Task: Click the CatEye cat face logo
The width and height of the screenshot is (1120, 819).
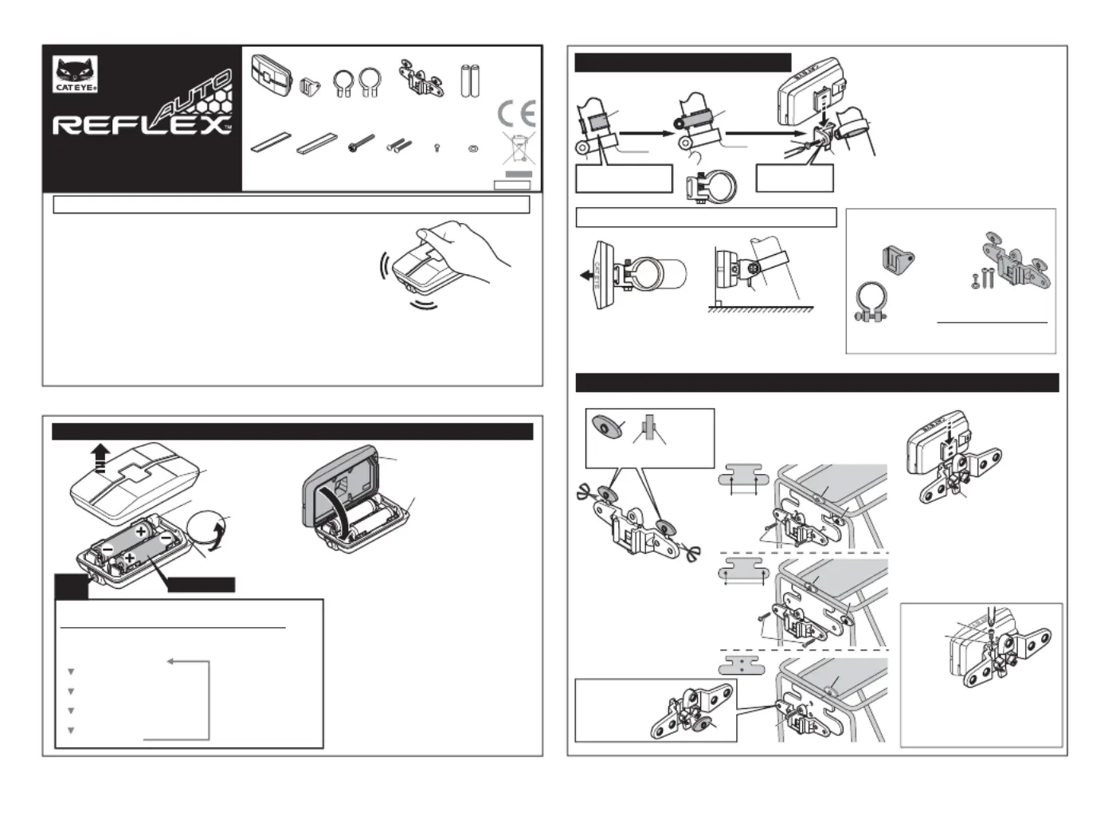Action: coord(75,73)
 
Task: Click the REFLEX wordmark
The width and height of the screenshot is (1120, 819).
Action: coord(142,125)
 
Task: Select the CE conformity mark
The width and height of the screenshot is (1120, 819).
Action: coord(516,114)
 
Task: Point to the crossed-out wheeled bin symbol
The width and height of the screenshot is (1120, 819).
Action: coord(518,150)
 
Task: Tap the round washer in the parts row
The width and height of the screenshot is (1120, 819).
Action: coord(473,148)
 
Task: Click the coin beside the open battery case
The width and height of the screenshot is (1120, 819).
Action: coord(209,527)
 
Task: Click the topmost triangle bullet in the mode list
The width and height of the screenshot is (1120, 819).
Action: coord(71,672)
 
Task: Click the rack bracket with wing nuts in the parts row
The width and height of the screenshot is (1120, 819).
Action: coord(421,78)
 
